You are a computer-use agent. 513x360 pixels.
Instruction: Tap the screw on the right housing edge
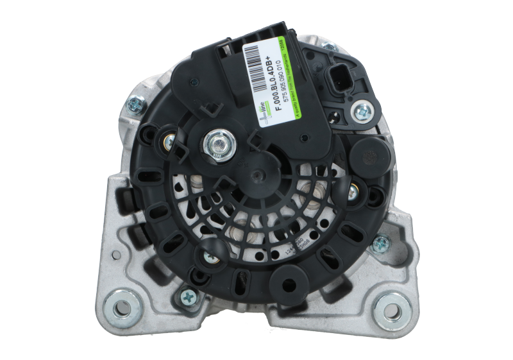point(380,243)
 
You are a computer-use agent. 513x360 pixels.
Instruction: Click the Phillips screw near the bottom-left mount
point(188,296)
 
